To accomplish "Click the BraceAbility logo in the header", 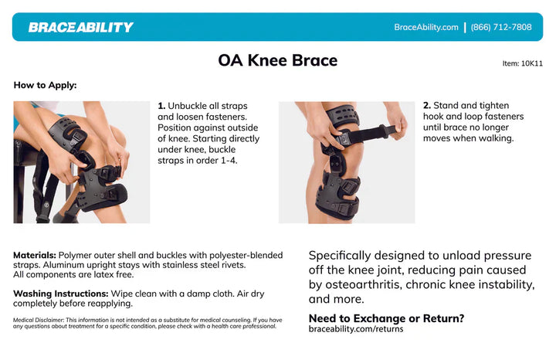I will [80, 27].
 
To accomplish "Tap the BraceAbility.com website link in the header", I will [426, 27].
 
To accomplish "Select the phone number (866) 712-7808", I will [501, 27].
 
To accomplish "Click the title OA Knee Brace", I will [277, 60].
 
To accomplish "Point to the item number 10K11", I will [522, 63].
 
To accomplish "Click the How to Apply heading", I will [45, 85].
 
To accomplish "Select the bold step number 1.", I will [161, 106].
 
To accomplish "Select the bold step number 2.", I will [426, 106].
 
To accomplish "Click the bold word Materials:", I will [34, 255].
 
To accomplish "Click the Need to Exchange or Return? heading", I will [386, 318].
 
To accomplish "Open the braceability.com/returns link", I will [355, 329].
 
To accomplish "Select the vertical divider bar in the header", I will [465, 27].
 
